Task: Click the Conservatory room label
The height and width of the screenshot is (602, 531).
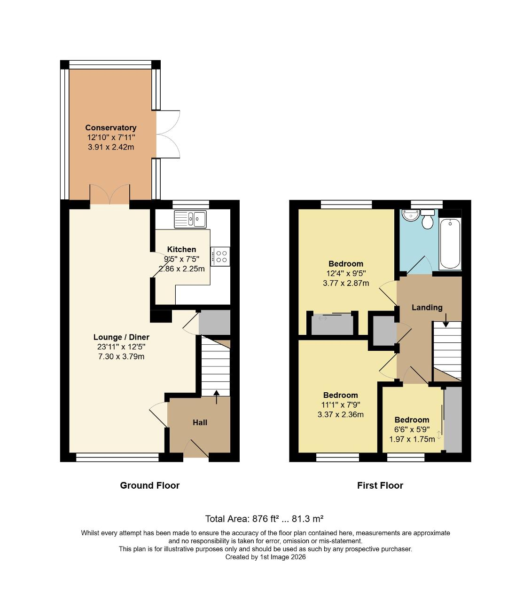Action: click(x=111, y=127)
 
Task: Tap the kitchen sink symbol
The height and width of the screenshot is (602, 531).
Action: click(x=190, y=219)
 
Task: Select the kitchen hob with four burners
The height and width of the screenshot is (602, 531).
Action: click(x=220, y=256)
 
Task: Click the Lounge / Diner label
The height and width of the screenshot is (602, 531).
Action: click(x=121, y=337)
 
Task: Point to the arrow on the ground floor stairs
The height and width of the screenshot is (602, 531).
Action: click(x=216, y=396)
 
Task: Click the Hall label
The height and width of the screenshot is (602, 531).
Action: click(x=200, y=422)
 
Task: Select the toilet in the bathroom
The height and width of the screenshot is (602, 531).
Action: click(x=427, y=219)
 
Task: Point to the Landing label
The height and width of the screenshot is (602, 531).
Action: click(x=427, y=308)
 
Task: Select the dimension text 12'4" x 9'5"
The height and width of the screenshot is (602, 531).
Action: click(x=346, y=273)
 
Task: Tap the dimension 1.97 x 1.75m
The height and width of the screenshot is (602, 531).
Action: click(x=412, y=439)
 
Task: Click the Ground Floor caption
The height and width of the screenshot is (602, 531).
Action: click(x=149, y=485)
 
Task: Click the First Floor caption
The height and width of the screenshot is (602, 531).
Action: click(x=380, y=485)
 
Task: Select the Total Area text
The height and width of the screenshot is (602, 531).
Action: click(x=264, y=519)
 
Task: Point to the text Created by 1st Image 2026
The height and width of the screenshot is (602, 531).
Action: click(x=265, y=557)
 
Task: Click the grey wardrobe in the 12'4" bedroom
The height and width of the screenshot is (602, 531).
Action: click(x=332, y=325)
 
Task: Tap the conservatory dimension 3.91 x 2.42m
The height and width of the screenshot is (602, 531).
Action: click(x=111, y=147)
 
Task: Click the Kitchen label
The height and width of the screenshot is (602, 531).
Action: click(x=181, y=249)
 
